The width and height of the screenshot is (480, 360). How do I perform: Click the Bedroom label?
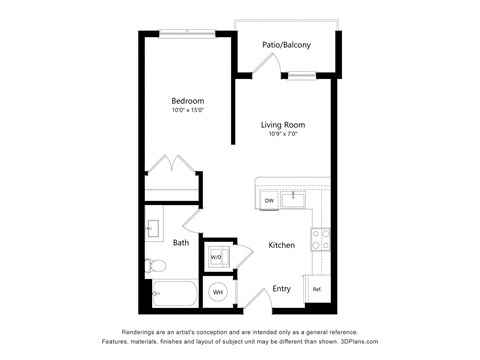point(187,101)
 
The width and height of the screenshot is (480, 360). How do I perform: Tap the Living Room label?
point(283,125)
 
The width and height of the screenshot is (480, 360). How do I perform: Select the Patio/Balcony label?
point(286,45)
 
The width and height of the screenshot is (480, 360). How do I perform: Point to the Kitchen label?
point(281,245)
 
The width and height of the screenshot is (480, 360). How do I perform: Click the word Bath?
point(181,243)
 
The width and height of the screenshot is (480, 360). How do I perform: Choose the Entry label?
point(281,289)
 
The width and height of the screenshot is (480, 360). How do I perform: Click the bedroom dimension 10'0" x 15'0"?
point(187,111)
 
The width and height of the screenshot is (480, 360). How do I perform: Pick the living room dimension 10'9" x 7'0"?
point(283,135)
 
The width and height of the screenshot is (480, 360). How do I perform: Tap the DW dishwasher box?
point(269,201)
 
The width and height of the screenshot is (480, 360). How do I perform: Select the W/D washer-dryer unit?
point(216,257)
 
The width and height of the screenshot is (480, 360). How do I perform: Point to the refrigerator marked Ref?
point(317,289)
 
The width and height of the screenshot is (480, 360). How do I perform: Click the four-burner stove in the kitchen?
point(320,239)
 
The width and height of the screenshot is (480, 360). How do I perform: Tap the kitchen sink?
point(293,198)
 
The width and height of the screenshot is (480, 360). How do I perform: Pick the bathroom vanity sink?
point(153,229)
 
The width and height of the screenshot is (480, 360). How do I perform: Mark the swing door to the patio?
point(265,64)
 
